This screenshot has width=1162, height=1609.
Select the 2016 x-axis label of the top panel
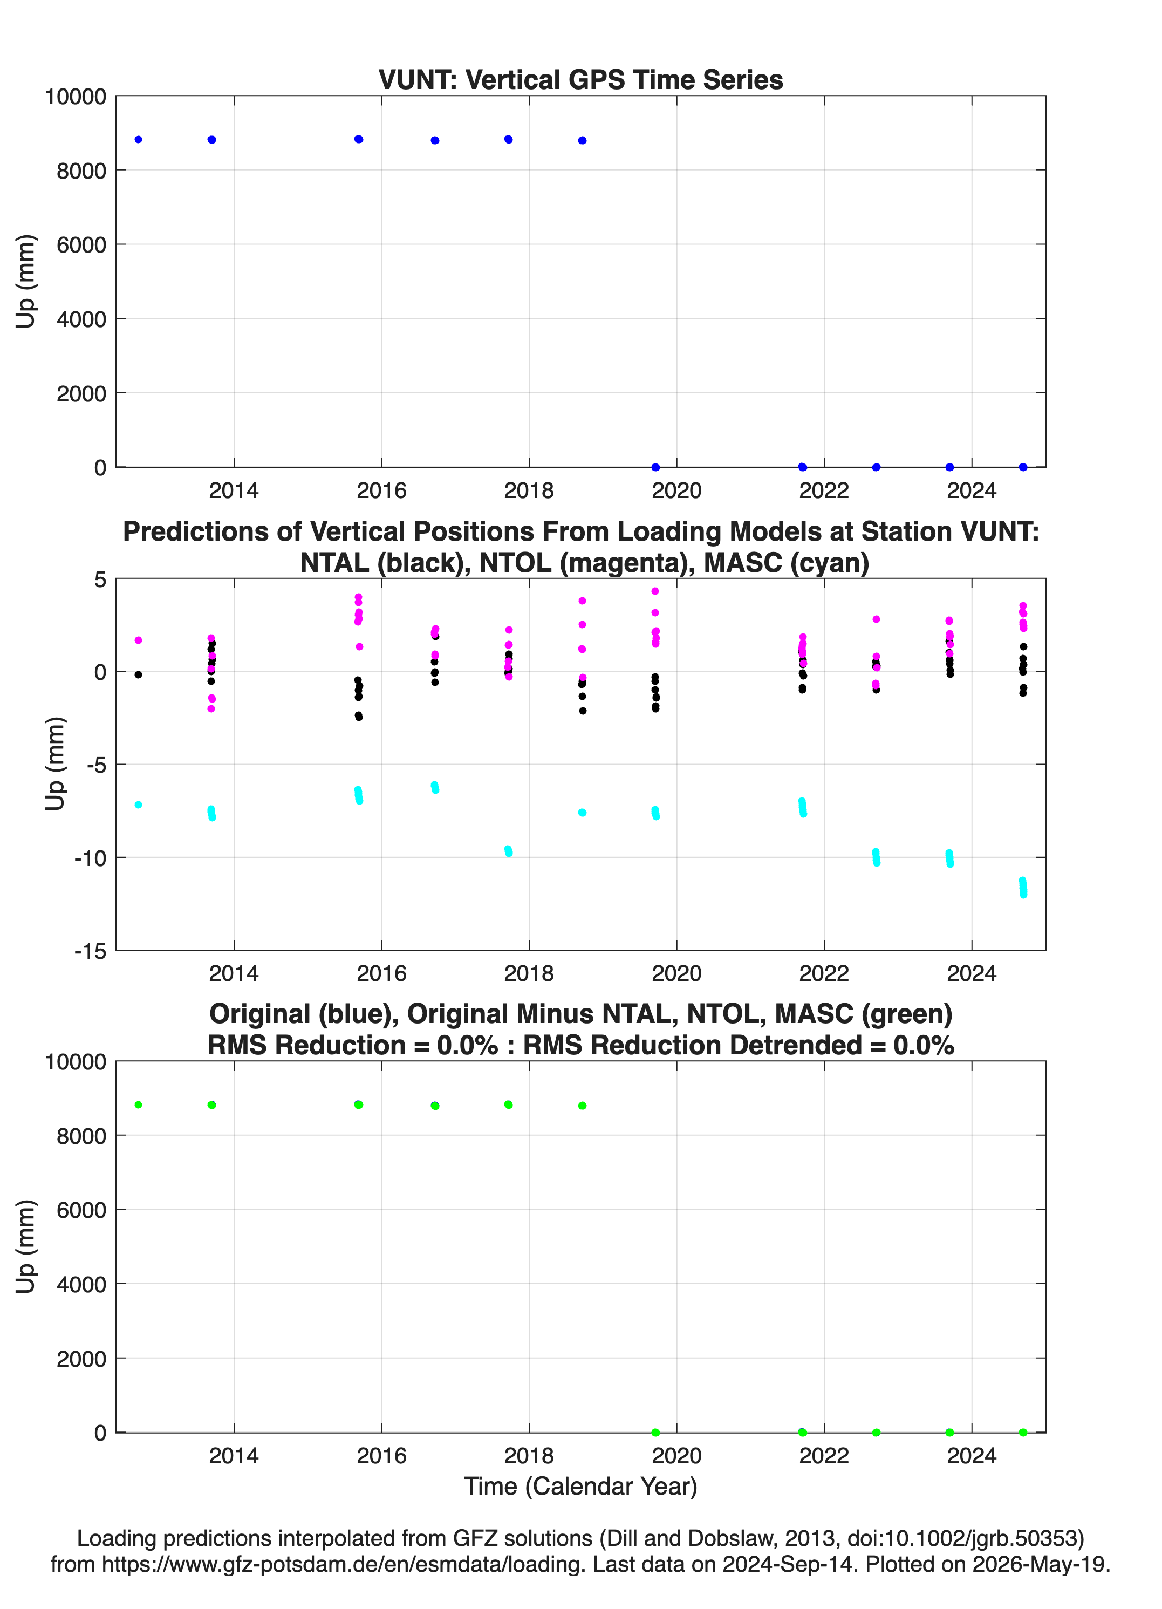click(x=381, y=490)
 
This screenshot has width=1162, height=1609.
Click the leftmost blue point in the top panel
click(x=138, y=140)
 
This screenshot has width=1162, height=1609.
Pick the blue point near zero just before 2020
click(x=655, y=467)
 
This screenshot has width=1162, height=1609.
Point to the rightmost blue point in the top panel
click(x=1023, y=467)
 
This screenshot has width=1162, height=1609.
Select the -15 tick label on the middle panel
click(x=90, y=951)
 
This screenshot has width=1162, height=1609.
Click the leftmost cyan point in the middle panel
click(x=138, y=804)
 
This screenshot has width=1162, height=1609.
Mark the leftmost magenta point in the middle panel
click(x=138, y=640)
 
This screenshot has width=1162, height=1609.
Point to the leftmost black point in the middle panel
click(x=138, y=674)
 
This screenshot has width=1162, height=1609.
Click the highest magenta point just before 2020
click(x=655, y=591)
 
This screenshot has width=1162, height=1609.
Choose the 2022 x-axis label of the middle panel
click(x=824, y=973)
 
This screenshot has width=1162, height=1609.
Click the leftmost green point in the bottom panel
click(x=138, y=1105)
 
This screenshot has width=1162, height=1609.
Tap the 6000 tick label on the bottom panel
click(x=81, y=1210)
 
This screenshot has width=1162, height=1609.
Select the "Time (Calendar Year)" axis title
click(x=580, y=1487)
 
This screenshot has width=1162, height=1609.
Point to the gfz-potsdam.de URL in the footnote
click(x=343, y=1564)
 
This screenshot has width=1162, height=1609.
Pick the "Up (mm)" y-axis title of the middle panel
click(x=56, y=764)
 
